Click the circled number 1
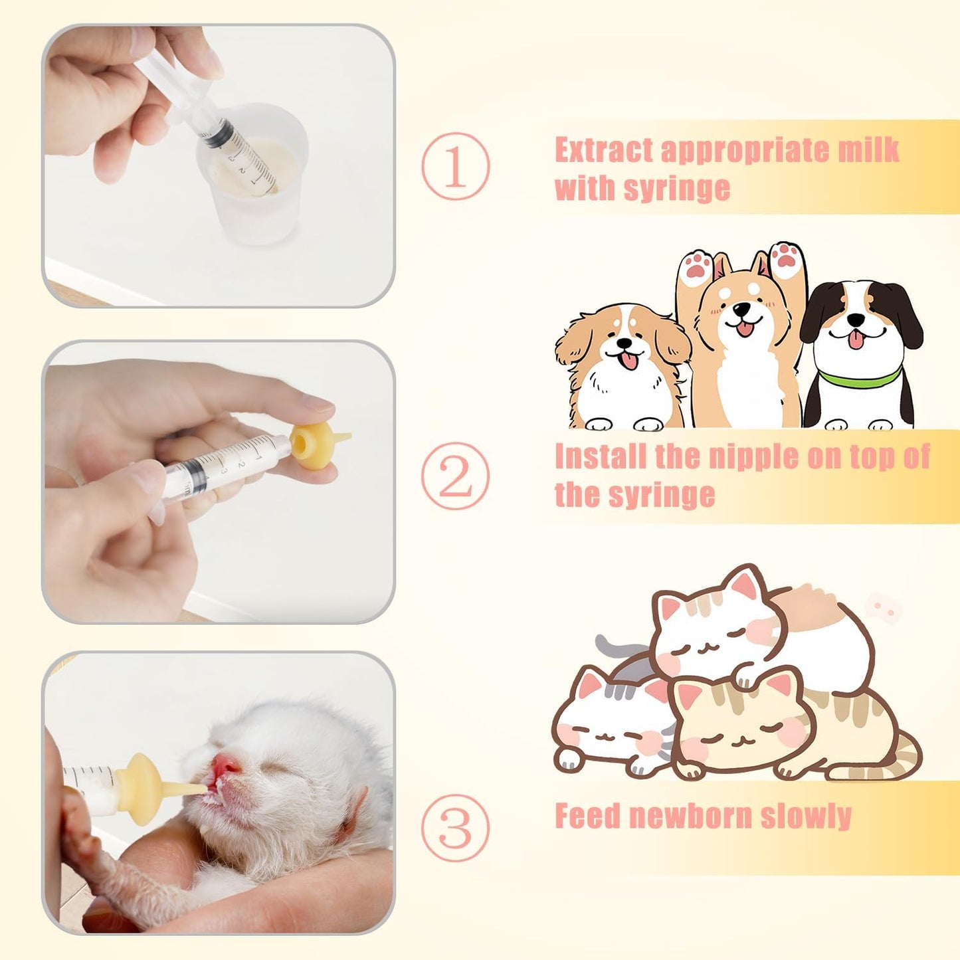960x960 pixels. coord(455,166)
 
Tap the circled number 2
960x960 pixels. coord(455,476)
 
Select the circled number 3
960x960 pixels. coord(455,827)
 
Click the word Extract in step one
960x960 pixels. coord(604,151)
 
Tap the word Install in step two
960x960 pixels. coord(601,457)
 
